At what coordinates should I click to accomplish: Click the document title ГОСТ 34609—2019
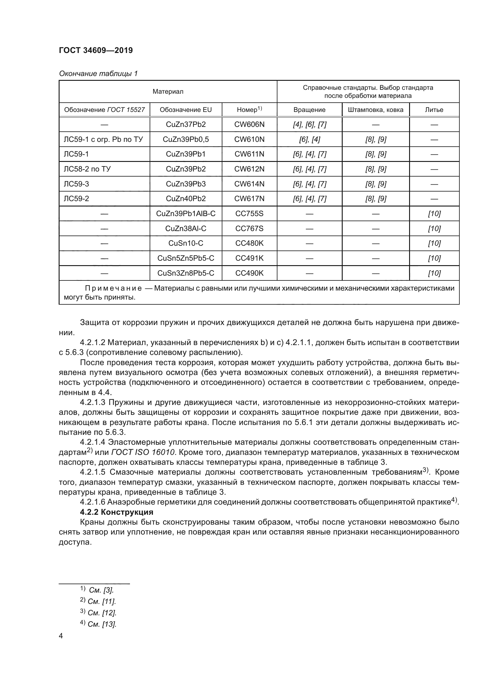[x=96, y=50]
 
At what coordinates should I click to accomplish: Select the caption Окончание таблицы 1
[x=98, y=74]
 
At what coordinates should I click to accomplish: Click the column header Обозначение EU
[x=186, y=110]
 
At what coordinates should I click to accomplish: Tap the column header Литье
[x=434, y=110]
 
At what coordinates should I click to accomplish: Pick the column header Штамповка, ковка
[x=376, y=110]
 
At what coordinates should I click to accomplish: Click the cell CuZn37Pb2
[x=186, y=124]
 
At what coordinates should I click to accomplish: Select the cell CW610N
[x=249, y=139]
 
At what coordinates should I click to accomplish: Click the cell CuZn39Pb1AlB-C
[x=186, y=213]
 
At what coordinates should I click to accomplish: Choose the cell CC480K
[x=249, y=243]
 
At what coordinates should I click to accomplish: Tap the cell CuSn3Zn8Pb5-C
[x=186, y=273]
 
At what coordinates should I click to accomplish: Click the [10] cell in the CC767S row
[x=434, y=228]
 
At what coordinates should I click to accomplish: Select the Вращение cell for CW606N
[x=309, y=124]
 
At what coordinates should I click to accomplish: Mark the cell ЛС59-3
[x=76, y=184]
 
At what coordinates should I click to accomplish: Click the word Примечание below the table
[x=113, y=288]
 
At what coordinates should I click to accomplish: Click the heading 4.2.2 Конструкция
[x=117, y=512]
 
